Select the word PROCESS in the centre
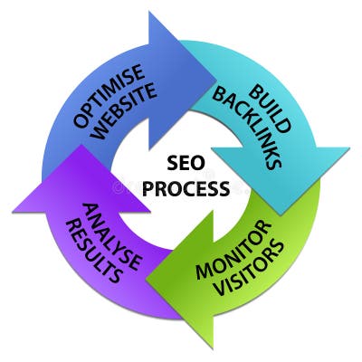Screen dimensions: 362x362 pos(185,190)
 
